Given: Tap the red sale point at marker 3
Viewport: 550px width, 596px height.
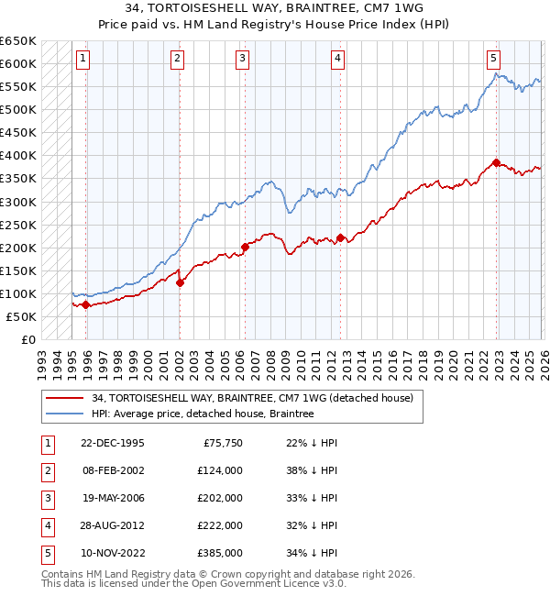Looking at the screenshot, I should coord(245,247).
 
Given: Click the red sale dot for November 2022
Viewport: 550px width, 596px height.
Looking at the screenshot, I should coord(496,162).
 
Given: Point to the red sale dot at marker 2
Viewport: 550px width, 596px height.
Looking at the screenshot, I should coord(180,282).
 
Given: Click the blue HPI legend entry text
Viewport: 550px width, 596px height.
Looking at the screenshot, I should coord(203,414).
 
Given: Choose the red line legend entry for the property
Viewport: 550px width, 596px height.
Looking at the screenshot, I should coord(253,398).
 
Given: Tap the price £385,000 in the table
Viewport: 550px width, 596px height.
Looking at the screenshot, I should coord(219,553).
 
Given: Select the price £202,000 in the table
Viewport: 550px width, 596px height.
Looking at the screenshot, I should coord(219,498).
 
